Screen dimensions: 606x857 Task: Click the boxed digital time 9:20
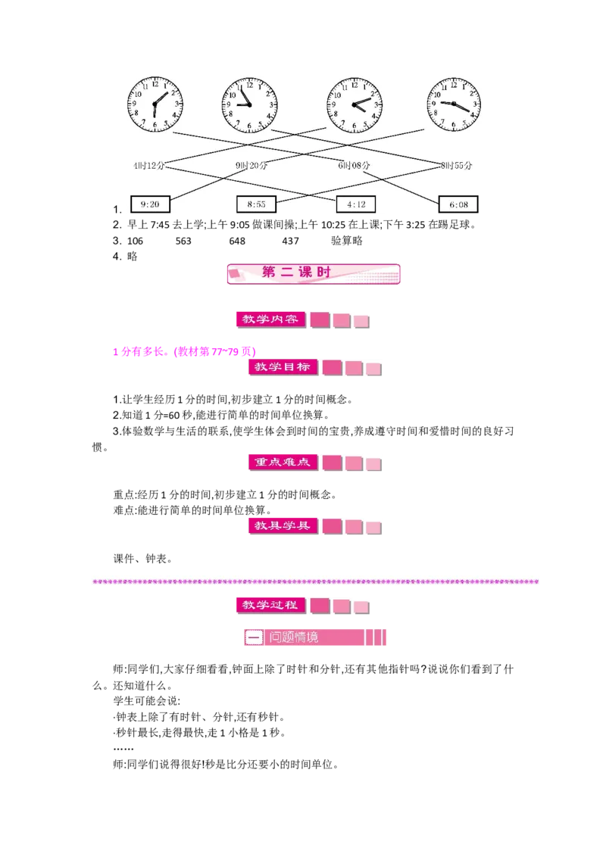click(x=150, y=204)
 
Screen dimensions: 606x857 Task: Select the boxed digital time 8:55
click(x=257, y=204)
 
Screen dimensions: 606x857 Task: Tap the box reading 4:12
click(x=355, y=204)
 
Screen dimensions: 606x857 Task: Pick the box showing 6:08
click(x=458, y=204)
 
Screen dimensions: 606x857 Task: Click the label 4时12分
click(x=148, y=165)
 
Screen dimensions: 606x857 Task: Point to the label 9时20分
click(x=251, y=165)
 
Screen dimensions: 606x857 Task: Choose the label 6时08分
click(x=354, y=165)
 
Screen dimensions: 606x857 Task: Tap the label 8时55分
click(x=456, y=165)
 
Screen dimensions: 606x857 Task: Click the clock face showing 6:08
click(x=155, y=104)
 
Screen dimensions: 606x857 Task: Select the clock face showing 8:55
click(x=249, y=104)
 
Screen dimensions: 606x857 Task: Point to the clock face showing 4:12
click(x=354, y=104)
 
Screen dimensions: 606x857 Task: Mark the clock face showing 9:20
click(x=454, y=104)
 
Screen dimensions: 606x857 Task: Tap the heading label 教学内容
click(x=269, y=319)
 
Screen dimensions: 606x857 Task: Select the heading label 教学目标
click(x=283, y=367)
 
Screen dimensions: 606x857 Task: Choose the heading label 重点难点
click(x=283, y=462)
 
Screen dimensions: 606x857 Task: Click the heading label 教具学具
click(x=283, y=525)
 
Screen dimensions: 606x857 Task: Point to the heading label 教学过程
click(x=269, y=605)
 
